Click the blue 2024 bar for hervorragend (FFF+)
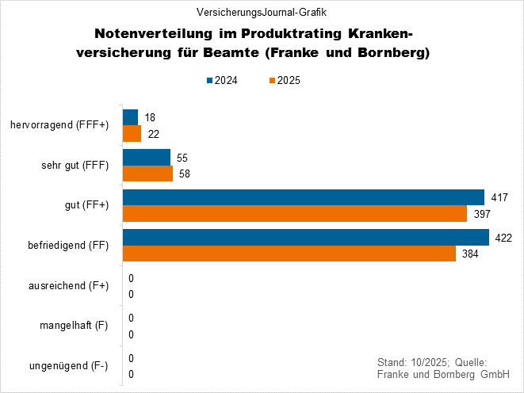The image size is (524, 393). pos(130,117)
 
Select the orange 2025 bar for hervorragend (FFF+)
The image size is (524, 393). pos(132,133)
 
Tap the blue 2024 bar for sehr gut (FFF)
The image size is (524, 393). pos(147,157)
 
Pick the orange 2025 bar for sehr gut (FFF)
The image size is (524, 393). pos(147,174)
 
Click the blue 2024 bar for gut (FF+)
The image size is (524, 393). pos(303,197)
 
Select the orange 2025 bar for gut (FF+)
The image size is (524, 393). pos(295,214)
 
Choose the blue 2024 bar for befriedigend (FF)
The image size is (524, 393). pos(305,237)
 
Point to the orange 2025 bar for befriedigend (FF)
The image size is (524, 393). pos(289,254)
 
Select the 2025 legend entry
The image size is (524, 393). pos(283,80)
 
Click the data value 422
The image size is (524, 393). pos(503,238)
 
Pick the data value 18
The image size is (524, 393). pos(150,117)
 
